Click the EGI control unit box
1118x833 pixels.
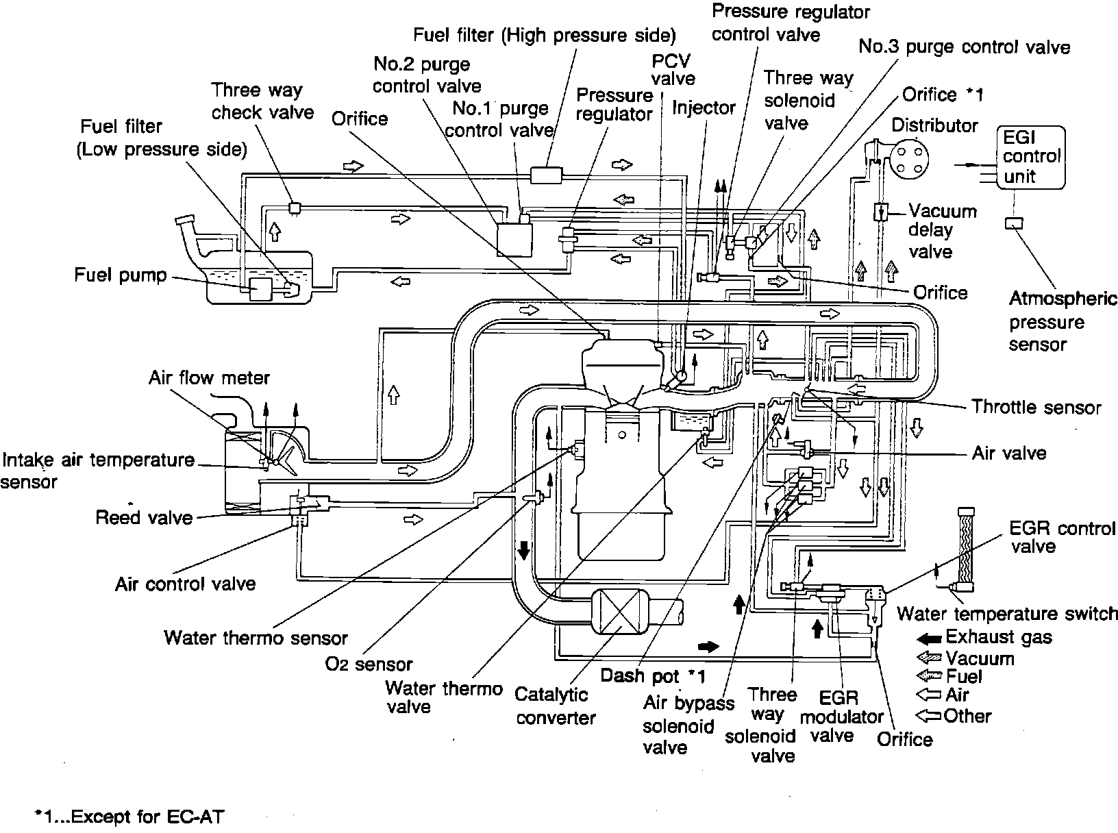pyautogui.click(x=1031, y=158)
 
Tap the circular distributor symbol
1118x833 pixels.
pyautogui.click(x=909, y=158)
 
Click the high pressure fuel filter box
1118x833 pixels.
pyautogui.click(x=546, y=175)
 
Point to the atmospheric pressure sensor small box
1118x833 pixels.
pyautogui.click(x=1014, y=223)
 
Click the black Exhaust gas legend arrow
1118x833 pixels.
pyautogui.click(x=928, y=639)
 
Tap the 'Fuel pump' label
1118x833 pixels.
pyautogui.click(x=120, y=275)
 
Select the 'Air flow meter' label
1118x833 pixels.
pyautogui.click(x=209, y=377)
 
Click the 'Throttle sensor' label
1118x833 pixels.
pyautogui.click(x=1036, y=407)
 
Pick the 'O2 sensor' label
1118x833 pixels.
pyautogui.click(x=369, y=664)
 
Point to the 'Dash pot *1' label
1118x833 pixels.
pyautogui.click(x=653, y=675)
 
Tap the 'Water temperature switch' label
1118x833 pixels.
pyautogui.click(x=1007, y=613)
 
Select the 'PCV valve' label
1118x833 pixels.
pyautogui.click(x=673, y=70)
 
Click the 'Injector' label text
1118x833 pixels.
pyautogui.click(x=704, y=108)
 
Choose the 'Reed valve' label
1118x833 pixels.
pyautogui.click(x=144, y=517)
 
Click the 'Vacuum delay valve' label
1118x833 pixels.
pyautogui.click(x=942, y=231)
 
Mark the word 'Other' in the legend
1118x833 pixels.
pyautogui.click(x=967, y=716)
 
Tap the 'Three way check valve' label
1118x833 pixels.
pyautogui.click(x=262, y=101)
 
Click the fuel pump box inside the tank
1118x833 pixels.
pyautogui.click(x=261, y=289)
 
